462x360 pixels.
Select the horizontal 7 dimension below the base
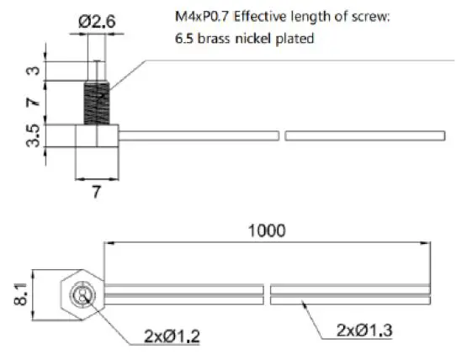coord(96,191)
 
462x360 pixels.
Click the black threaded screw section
coord(97,102)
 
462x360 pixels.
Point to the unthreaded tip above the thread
coord(97,70)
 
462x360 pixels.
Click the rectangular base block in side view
coord(96,136)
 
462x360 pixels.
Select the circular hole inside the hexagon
coord(83,295)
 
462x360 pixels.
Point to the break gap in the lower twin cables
coord(267,294)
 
